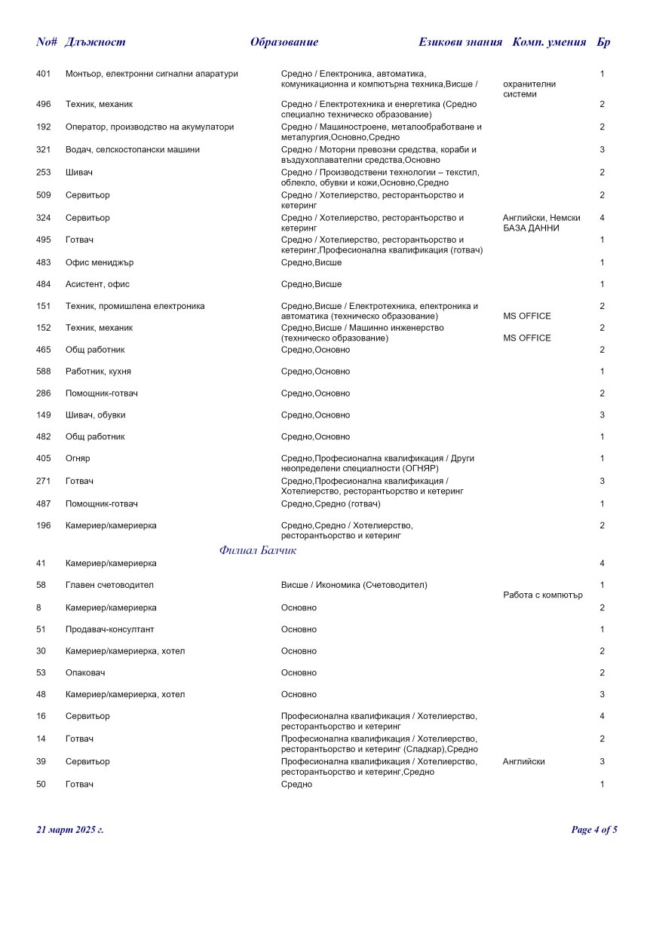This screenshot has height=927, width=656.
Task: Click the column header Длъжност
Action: [96, 42]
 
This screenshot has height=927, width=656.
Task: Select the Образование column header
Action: [284, 42]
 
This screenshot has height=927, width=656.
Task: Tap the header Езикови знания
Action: [460, 42]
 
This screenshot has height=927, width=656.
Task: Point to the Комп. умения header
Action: [549, 42]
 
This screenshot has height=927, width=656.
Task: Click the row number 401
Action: [44, 74]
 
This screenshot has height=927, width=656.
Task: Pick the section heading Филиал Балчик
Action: [258, 550]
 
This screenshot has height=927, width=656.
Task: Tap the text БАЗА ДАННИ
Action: [531, 228]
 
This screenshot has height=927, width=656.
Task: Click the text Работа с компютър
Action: [543, 595]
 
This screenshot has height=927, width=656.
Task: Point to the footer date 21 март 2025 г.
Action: [70, 830]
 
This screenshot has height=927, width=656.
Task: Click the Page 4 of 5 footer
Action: [594, 830]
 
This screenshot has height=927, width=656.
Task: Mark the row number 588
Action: [44, 372]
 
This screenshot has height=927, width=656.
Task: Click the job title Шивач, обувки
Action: [96, 415]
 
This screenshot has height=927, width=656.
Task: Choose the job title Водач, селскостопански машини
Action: [133, 149]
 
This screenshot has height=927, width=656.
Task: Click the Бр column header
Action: [603, 42]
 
